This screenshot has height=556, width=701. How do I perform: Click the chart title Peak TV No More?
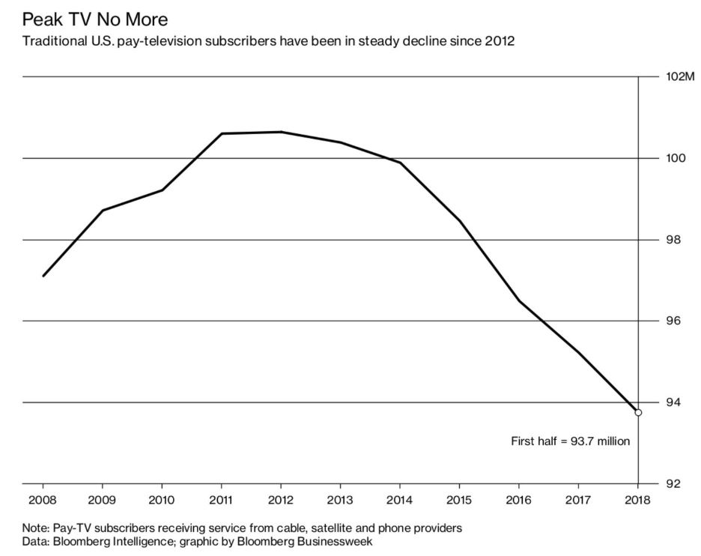[95, 17]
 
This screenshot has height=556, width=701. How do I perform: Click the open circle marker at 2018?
[638, 412]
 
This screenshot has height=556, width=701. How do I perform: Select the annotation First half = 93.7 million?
[570, 441]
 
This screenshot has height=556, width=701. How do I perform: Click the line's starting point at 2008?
[43, 276]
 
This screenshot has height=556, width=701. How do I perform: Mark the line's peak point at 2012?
[281, 132]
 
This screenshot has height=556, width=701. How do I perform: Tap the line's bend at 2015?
[459, 220]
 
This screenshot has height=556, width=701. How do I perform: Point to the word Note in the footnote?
[35, 528]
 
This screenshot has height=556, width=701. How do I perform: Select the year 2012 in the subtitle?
[499, 40]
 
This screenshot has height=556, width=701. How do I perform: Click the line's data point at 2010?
[162, 190]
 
